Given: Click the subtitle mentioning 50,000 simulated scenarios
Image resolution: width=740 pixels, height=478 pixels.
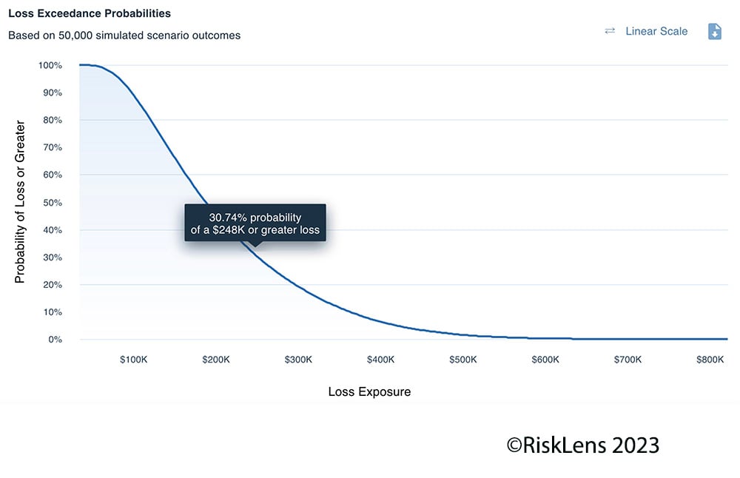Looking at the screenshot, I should pos(124,35).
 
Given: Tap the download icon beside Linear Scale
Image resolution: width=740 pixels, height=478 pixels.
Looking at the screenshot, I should pos(714,31).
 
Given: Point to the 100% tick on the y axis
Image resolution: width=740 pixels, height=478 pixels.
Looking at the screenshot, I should pos(50,65).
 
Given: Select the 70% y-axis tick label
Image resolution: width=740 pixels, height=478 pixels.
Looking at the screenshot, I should pos(52,147).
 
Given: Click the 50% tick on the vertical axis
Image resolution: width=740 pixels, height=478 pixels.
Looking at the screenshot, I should pos(52,202).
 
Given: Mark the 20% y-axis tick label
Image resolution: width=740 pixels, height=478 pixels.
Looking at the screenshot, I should pos(52,285).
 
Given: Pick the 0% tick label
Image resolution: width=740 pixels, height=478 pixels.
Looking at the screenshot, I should pos(55,340).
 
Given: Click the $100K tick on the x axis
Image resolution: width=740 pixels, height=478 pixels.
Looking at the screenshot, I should pos(134,360).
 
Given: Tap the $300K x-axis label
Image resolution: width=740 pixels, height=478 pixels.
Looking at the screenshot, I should pos(298,360).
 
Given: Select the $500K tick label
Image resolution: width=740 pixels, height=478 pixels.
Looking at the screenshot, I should pos(463,360).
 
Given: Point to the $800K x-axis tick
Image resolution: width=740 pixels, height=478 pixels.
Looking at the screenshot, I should pos(710,360).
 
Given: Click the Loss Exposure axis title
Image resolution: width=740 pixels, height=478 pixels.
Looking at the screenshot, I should pos(369,391).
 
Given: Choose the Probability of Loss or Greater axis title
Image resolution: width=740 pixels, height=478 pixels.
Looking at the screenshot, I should pos(20,202).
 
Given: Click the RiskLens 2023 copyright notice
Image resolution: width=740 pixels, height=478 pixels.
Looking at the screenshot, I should pos(582,445).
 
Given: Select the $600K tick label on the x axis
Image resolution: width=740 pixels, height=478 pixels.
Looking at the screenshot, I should pos(545,360).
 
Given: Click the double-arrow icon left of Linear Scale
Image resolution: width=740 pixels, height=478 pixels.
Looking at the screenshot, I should pos(610,31).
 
